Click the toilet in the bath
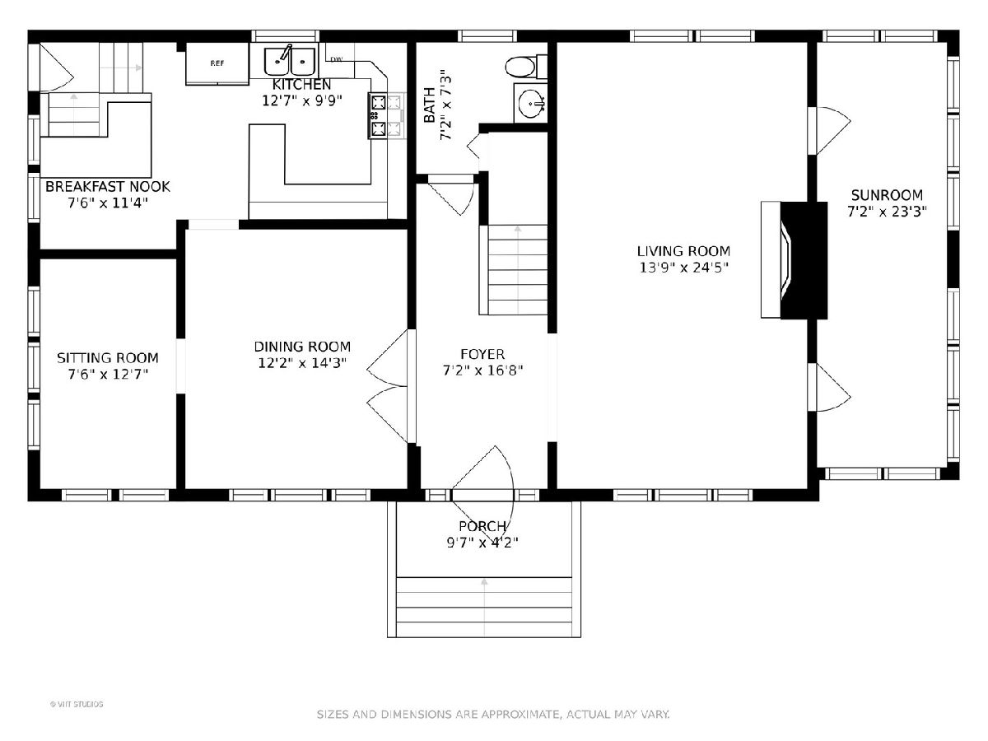tap(526, 67)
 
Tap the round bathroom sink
tap(531, 104)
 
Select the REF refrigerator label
tap(217, 63)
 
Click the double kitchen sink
tap(290, 61)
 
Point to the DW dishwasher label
tap(336, 59)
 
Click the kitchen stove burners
tap(378, 115)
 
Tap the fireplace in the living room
tap(794, 260)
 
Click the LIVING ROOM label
tap(683, 251)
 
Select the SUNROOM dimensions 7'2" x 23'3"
tap(888, 212)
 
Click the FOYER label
tap(482, 355)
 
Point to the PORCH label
tap(482, 526)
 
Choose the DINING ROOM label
tap(302, 347)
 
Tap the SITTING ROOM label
tap(108, 358)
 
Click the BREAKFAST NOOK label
tap(108, 186)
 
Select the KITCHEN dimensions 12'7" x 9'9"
tap(302, 100)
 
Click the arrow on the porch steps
tap(484, 607)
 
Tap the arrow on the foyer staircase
tap(518, 269)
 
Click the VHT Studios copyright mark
tap(77, 704)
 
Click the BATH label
tap(430, 105)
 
